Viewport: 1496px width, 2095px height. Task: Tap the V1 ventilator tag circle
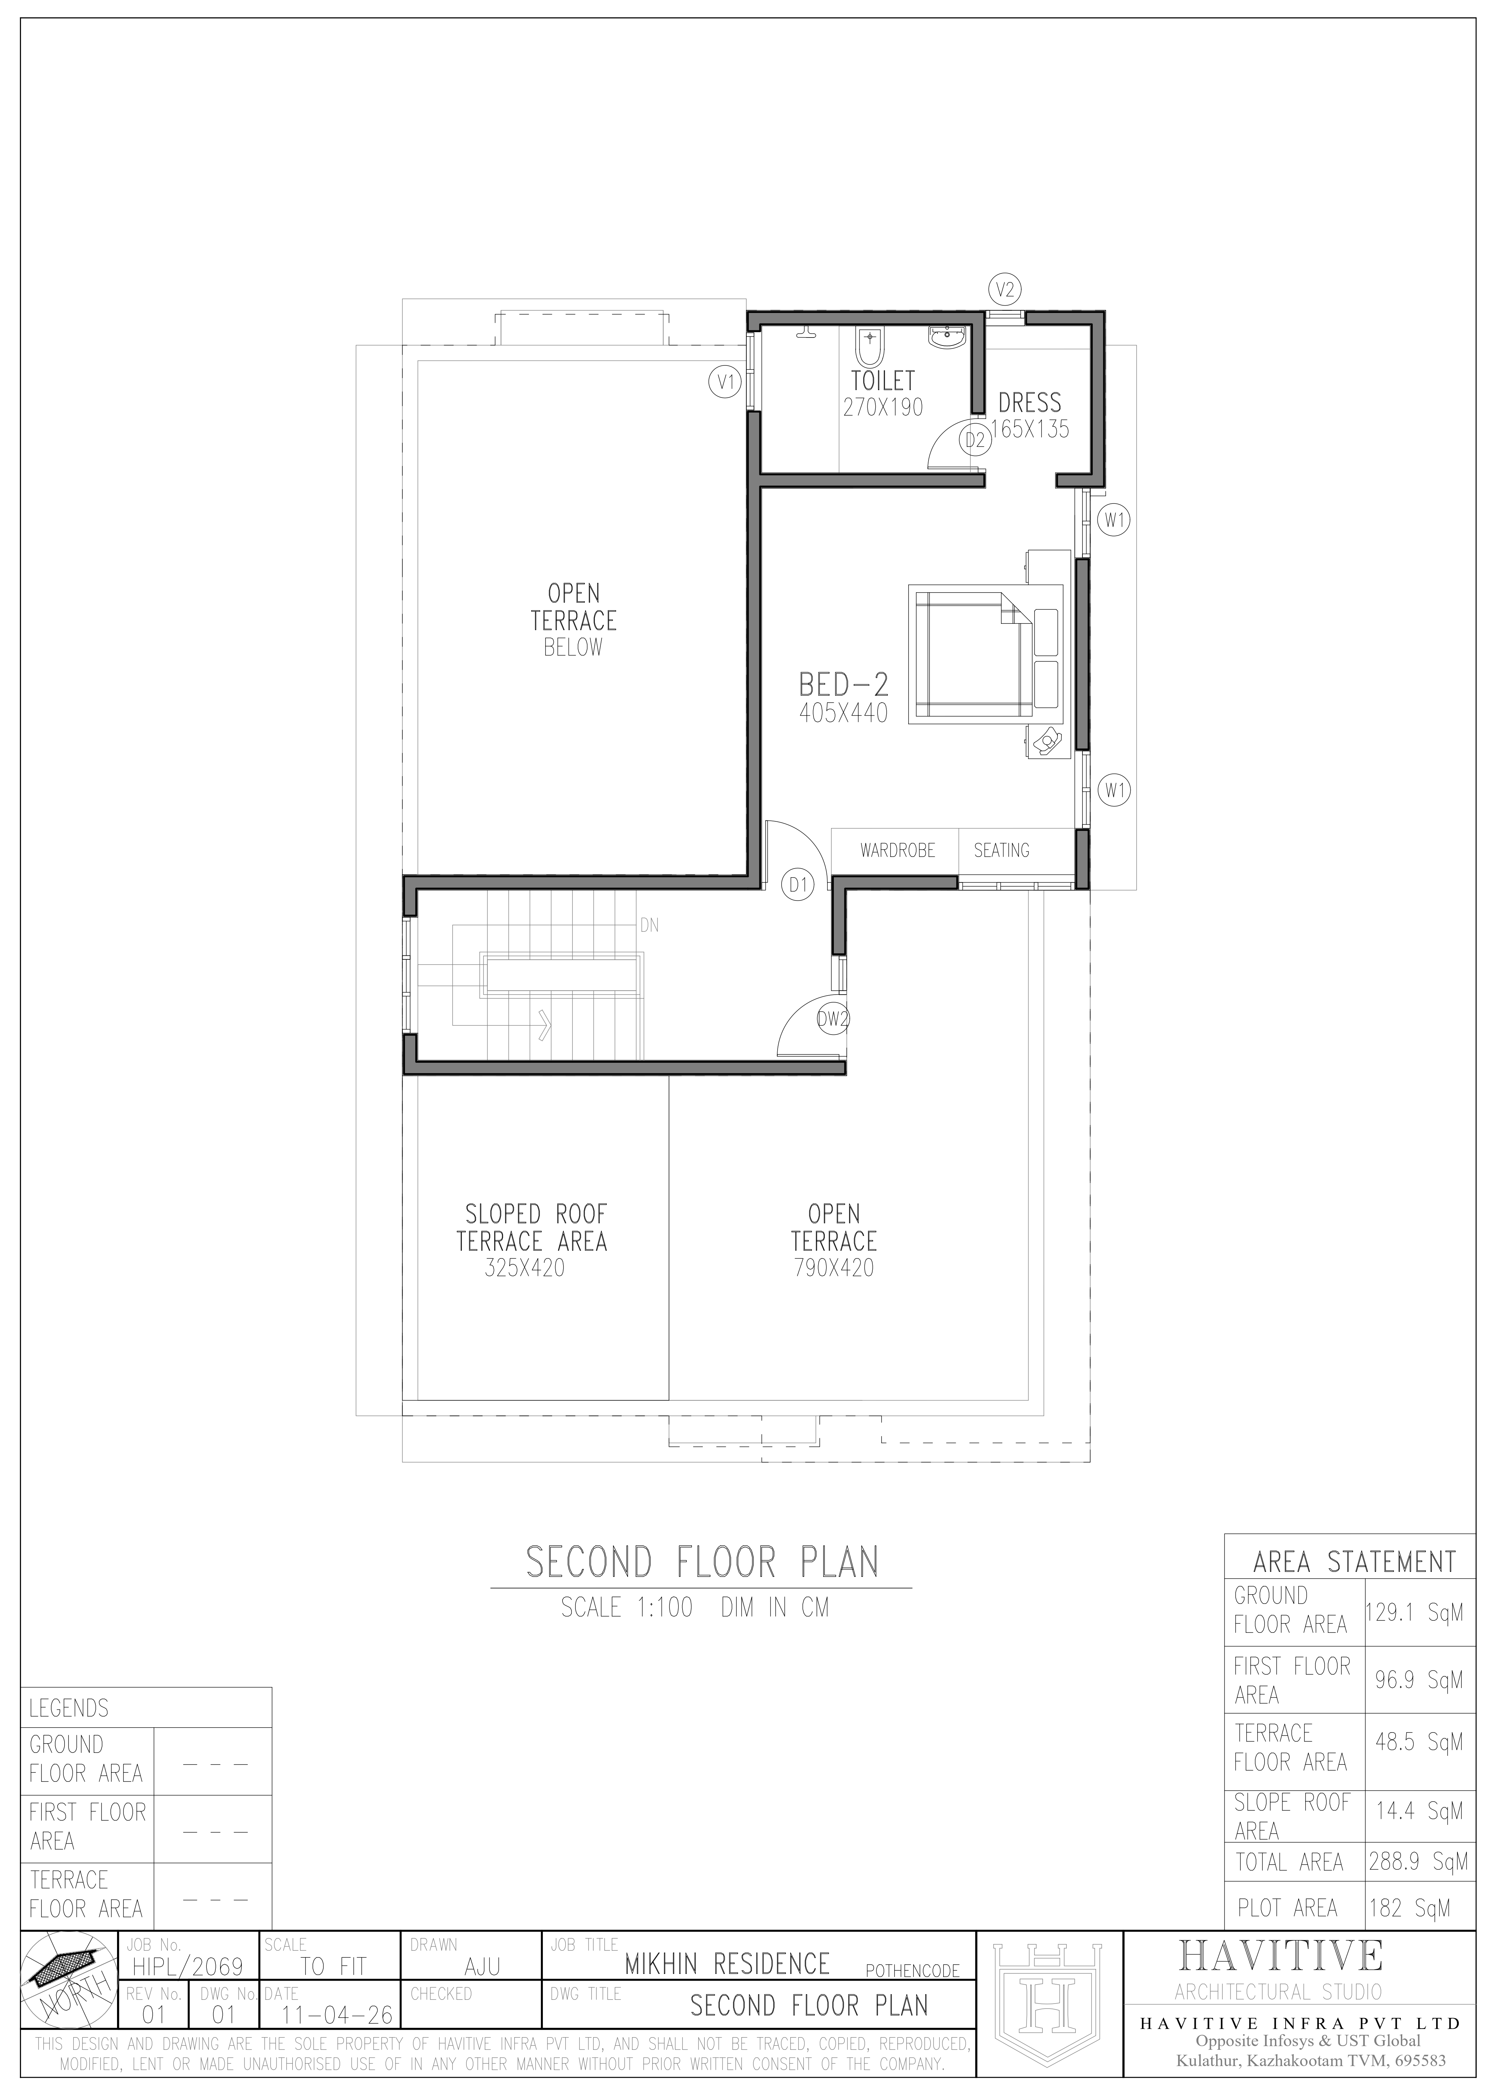tap(725, 381)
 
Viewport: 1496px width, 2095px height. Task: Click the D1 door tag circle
tap(798, 886)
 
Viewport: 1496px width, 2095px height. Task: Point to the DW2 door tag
tap(833, 1019)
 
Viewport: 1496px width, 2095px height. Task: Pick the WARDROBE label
tap(897, 850)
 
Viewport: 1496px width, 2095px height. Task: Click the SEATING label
tap(1001, 850)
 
